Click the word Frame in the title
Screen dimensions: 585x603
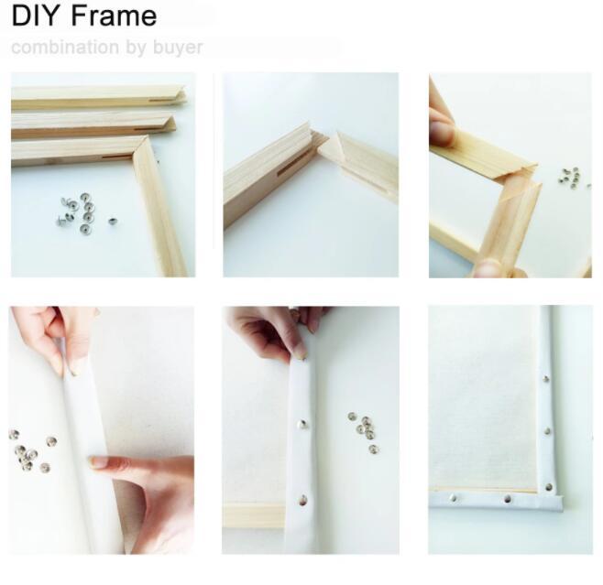point(111,16)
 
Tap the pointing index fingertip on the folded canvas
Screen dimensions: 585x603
point(97,462)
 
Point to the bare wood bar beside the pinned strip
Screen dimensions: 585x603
point(252,515)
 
